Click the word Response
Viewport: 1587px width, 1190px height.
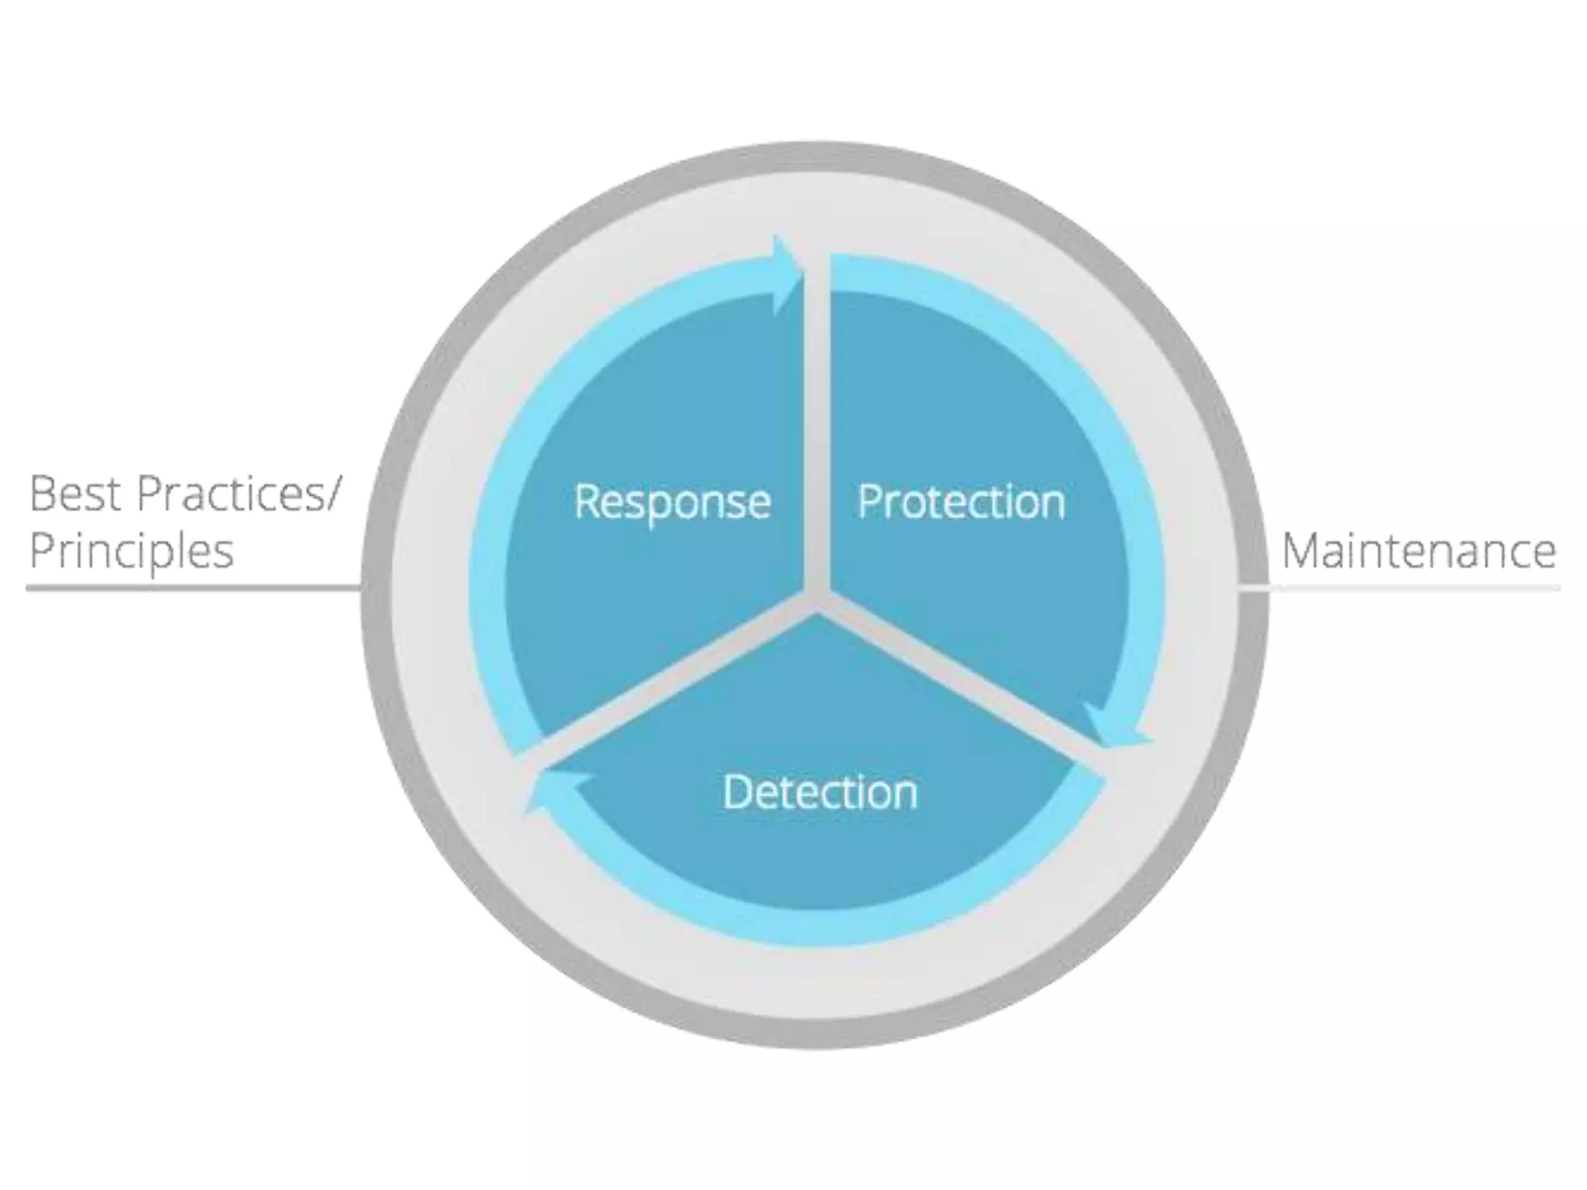[x=672, y=503]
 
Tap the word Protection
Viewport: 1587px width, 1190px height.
[x=961, y=502]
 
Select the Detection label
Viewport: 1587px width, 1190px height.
[x=820, y=792]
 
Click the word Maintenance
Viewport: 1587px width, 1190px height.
[x=1418, y=552]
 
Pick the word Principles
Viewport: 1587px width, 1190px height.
[x=131, y=552]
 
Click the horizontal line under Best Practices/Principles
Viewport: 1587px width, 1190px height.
[x=194, y=588]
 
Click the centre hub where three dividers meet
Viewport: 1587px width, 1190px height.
[x=817, y=597]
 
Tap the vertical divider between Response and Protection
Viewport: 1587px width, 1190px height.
[x=817, y=426]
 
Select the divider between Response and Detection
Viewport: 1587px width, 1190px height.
[x=666, y=682]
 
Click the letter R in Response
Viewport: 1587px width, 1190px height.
[x=586, y=501]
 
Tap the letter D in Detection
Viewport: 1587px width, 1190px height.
[x=735, y=792]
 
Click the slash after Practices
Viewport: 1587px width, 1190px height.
[x=331, y=494]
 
